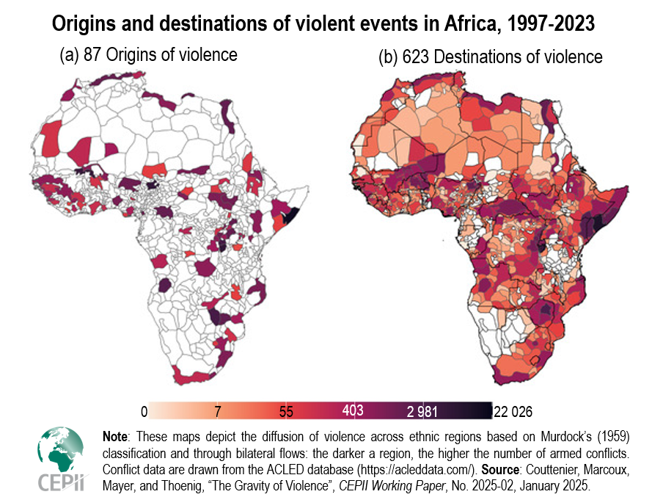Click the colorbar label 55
(286, 410)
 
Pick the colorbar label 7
(218, 410)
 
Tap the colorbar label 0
(144, 410)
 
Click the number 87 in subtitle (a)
(95, 55)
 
